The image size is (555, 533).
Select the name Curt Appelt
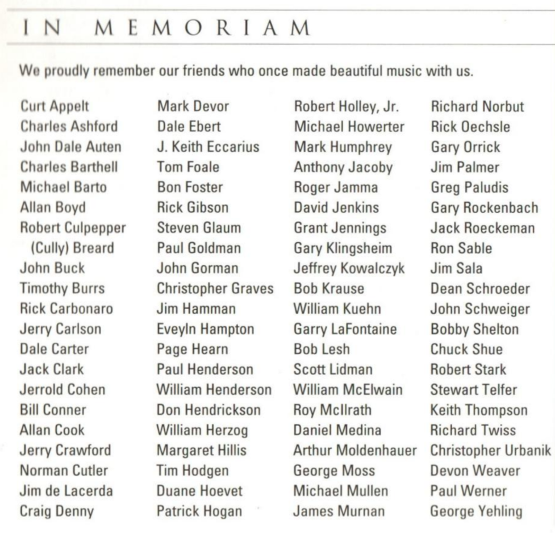point(55,106)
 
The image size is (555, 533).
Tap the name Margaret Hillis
point(202,451)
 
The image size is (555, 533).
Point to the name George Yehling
point(476,511)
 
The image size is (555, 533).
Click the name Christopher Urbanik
point(490,451)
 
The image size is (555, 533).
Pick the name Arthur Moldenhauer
point(355,451)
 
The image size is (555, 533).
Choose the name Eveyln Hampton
point(206,329)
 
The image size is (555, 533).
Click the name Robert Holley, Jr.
point(347,106)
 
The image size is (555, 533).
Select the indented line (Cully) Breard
point(67,248)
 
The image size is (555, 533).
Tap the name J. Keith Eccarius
point(208,147)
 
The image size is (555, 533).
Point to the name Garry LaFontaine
point(345,329)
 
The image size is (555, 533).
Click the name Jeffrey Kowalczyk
point(349,268)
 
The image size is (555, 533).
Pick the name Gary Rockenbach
point(484,207)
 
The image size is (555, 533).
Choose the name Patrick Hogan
point(199,511)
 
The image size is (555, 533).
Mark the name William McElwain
point(348,390)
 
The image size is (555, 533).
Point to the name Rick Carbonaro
point(66,309)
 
